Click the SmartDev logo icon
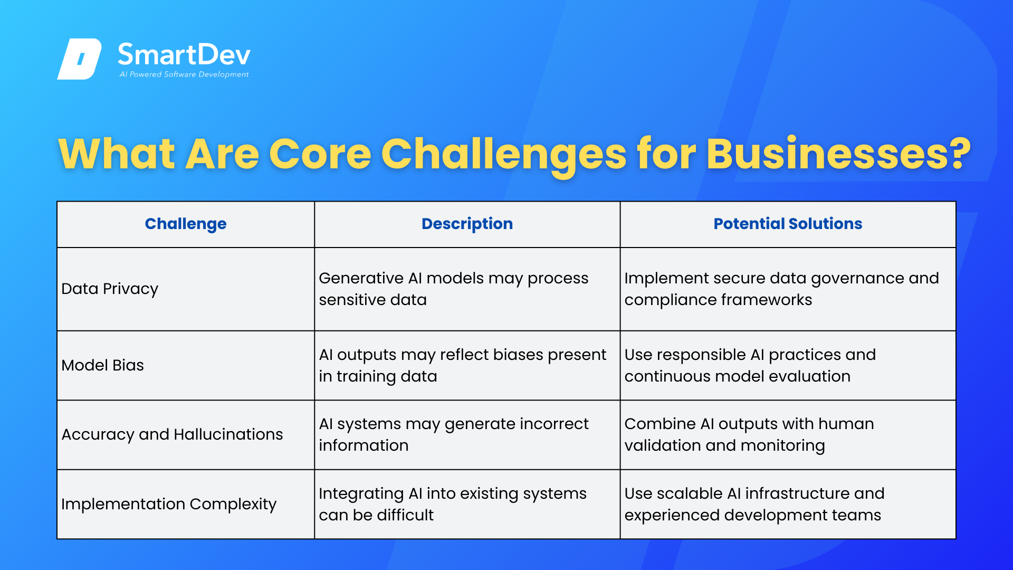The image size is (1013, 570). tap(79, 59)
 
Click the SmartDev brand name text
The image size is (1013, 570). tap(184, 55)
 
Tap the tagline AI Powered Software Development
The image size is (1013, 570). tap(184, 74)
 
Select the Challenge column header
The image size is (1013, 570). tap(185, 224)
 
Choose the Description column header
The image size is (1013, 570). tap(467, 224)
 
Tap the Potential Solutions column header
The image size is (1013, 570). tap(788, 224)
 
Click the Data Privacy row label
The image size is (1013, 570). tap(110, 289)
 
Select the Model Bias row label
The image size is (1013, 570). tap(102, 365)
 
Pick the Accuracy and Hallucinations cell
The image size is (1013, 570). tap(172, 434)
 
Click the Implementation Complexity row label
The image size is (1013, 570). tap(169, 504)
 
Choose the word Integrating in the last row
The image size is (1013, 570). tap(361, 493)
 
